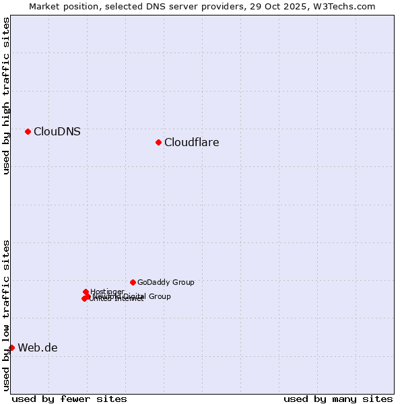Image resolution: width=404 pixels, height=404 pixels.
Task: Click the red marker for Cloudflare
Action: (158, 142)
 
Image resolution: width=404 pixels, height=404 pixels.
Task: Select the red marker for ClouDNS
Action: (28, 131)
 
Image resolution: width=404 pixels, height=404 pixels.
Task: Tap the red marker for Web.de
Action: (11, 347)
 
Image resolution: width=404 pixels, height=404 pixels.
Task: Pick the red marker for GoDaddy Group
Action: (133, 282)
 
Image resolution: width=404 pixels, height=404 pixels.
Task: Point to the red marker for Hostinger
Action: (86, 292)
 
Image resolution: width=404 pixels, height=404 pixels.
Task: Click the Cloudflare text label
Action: (191, 142)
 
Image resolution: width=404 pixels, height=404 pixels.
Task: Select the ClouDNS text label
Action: (57, 131)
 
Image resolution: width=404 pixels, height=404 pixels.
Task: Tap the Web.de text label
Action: (38, 347)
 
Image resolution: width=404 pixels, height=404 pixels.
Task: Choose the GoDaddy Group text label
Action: (166, 282)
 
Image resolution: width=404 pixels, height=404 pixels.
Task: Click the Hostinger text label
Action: (107, 292)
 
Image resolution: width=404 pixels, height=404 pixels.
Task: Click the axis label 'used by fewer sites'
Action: (69, 399)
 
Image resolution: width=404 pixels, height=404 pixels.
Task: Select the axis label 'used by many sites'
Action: (338, 399)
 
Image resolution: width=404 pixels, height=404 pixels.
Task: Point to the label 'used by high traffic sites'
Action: (6, 96)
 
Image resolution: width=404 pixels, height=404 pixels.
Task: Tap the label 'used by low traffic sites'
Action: (6, 314)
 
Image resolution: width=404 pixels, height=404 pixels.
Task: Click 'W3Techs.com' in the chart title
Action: (347, 6)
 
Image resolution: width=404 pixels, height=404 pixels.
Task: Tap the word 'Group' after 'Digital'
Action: (160, 296)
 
